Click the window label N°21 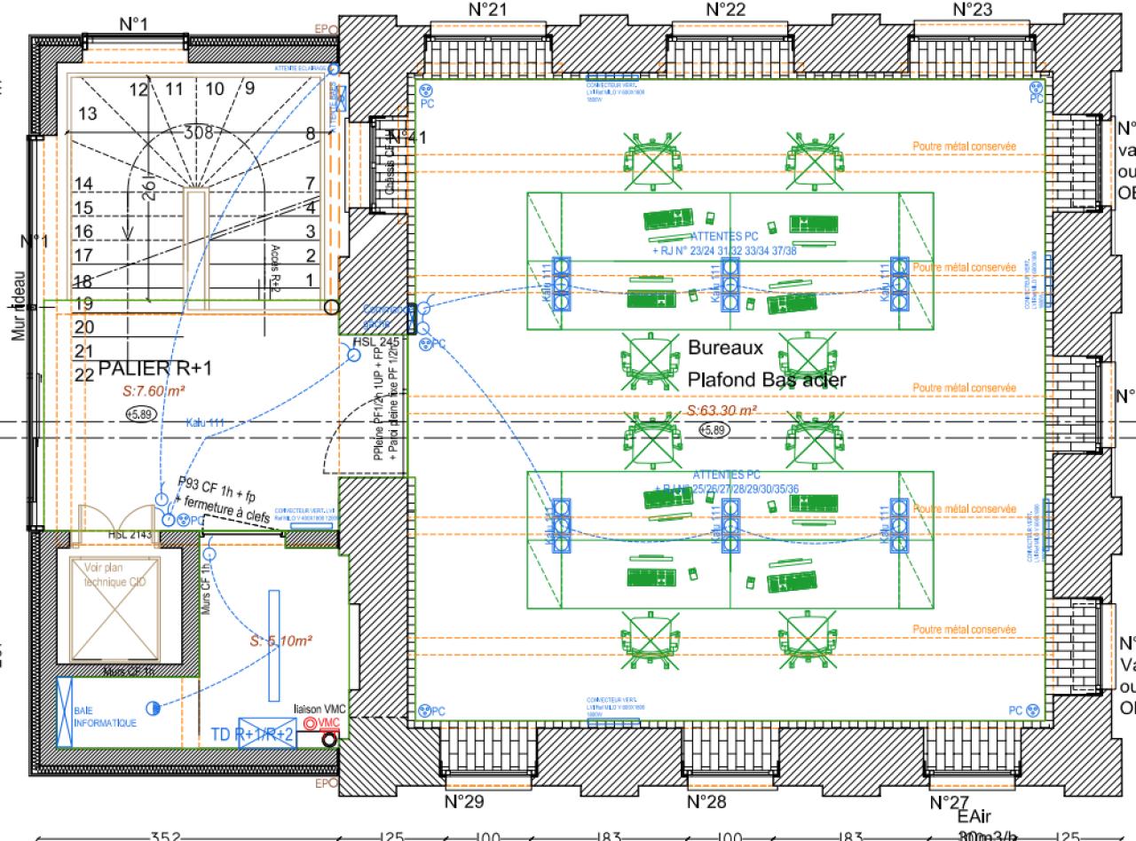[487, 10]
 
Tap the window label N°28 [707, 777]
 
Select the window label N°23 [972, 10]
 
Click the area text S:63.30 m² [722, 411]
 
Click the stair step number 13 [87, 114]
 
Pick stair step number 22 [84, 375]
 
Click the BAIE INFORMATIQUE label [106, 718]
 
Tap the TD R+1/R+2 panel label [252, 735]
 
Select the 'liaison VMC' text [319, 708]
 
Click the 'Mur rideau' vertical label [18, 305]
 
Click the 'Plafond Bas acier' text [767, 380]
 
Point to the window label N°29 [463, 777]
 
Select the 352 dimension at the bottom [166, 835]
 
